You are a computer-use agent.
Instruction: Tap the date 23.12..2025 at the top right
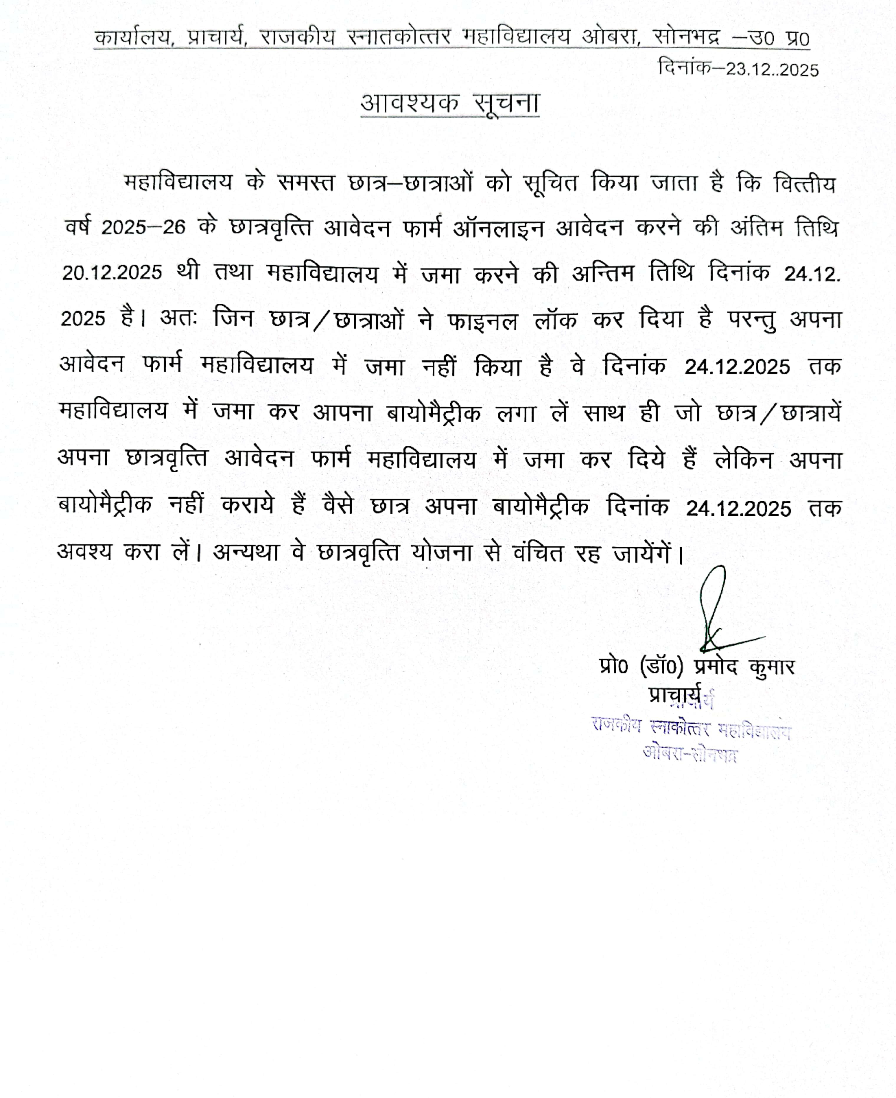click(x=772, y=70)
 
